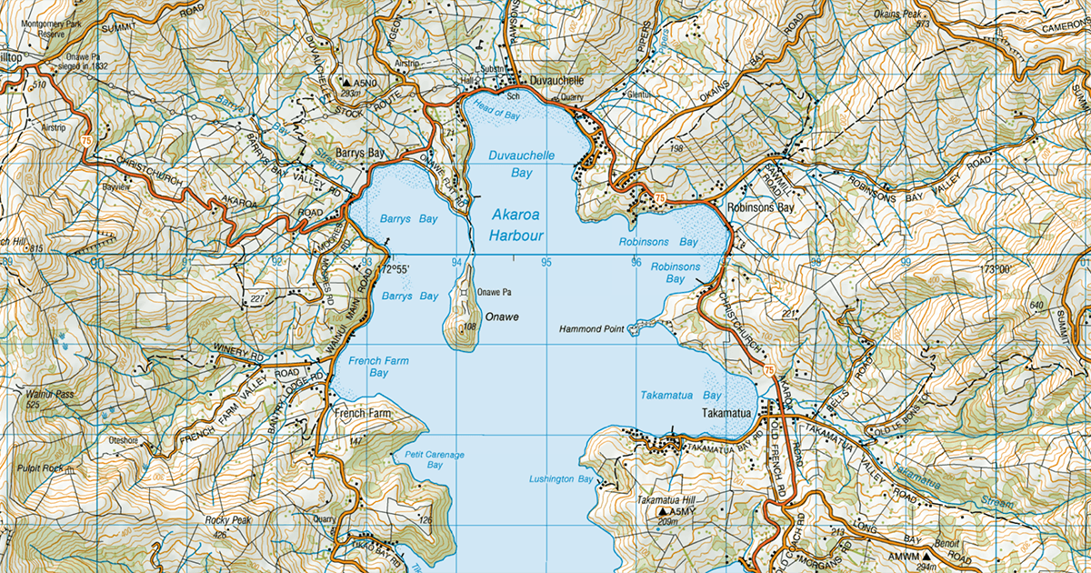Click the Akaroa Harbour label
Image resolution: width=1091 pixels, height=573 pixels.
tap(517, 226)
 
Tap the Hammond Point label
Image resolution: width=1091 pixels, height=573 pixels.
tap(591, 329)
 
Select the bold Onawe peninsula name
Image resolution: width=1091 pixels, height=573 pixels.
tap(502, 316)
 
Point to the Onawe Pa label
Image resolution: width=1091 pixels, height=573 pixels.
tap(495, 292)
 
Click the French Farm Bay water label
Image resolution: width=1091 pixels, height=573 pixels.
tap(378, 367)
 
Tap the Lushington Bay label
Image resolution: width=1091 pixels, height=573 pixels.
tap(561, 478)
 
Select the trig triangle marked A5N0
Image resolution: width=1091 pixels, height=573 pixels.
tap(347, 83)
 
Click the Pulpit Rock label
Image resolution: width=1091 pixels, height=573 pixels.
tap(40, 468)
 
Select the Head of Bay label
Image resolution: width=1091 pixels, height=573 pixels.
tap(495, 114)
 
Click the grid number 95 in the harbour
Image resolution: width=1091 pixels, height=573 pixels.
tap(546, 263)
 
